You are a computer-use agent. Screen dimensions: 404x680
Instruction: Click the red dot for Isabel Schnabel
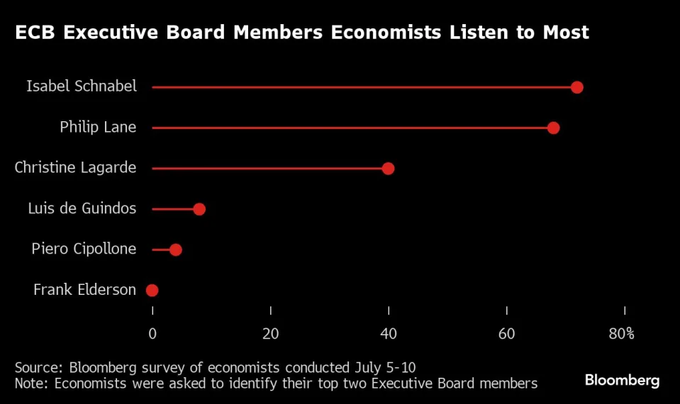[x=576, y=87]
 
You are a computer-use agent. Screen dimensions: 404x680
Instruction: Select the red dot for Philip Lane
[x=553, y=128]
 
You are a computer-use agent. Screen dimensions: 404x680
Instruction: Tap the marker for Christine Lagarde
[x=388, y=168]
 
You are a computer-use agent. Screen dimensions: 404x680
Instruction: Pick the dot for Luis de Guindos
[x=199, y=209]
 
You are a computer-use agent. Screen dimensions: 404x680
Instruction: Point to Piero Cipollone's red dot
[x=176, y=249]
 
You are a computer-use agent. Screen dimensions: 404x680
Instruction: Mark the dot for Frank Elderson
[x=152, y=290]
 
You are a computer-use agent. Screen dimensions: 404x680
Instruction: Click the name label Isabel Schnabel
[x=81, y=86]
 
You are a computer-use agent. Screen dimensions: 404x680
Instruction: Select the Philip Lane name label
[x=98, y=128]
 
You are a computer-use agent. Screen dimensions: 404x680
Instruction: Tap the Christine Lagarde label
[x=75, y=168]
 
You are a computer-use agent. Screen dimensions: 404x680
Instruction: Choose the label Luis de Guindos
[x=82, y=208]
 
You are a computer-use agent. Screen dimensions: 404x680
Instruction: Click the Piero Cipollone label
[x=84, y=249]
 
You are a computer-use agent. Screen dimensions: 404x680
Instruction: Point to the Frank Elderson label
[x=84, y=290]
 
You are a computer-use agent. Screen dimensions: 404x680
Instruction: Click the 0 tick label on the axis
[x=152, y=334]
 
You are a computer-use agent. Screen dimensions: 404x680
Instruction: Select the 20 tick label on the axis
[x=271, y=334]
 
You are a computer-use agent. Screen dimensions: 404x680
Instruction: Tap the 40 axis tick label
[x=389, y=334]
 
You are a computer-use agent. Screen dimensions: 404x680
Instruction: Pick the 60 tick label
[x=507, y=334]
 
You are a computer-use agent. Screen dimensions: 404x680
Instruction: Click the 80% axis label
[x=621, y=334]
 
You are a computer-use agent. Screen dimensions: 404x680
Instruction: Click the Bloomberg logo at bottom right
[x=622, y=381]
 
